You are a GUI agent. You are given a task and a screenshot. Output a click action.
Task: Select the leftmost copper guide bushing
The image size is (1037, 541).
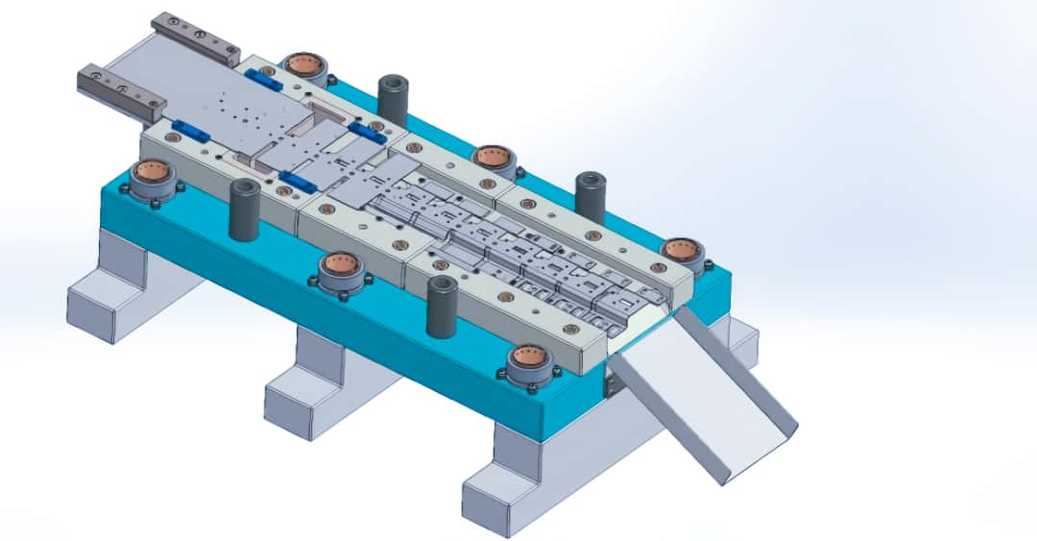(152, 176)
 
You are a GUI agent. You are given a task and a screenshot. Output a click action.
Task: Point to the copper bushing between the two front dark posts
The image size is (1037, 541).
(341, 266)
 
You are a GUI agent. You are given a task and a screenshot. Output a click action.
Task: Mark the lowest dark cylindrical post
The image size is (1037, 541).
(441, 306)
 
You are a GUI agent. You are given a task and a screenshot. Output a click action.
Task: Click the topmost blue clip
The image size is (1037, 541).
(262, 80)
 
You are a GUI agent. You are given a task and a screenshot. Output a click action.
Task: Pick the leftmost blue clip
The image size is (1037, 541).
(191, 131)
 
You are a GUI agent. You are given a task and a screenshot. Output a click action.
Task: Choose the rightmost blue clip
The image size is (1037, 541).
(368, 133)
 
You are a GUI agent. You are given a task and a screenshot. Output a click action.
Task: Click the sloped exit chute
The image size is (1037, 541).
(706, 394)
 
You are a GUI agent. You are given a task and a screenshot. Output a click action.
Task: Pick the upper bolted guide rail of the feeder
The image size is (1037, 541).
(196, 37)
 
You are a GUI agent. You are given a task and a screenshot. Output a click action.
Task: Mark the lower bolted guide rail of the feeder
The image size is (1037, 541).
(121, 87)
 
